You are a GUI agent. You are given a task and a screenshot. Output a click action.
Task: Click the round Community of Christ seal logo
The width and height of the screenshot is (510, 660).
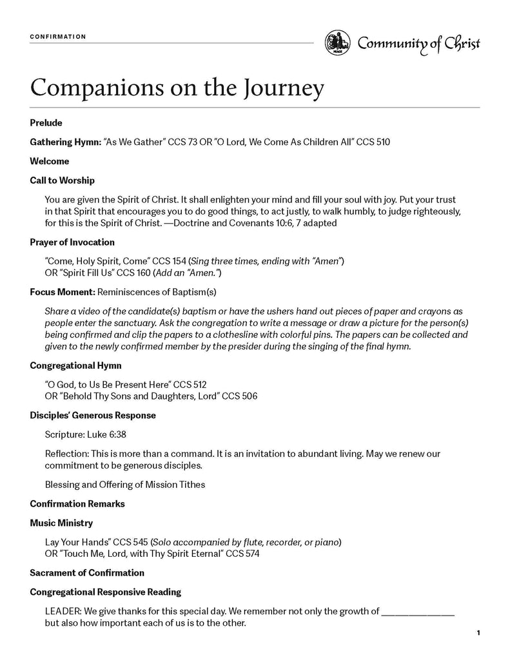coord(337,43)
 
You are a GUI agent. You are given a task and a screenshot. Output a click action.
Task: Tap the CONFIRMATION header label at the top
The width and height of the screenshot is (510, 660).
coord(58,37)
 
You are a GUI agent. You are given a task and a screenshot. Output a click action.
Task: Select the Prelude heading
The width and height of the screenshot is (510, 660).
coord(46,122)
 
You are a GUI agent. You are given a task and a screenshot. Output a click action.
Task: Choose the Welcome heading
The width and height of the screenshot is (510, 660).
coord(49,161)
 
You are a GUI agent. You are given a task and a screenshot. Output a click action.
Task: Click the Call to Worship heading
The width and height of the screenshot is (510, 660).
coord(62,180)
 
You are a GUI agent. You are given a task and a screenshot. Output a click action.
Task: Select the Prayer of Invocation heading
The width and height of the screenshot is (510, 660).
coord(72,242)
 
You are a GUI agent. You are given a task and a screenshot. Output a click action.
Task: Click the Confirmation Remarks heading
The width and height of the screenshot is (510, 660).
coord(77,503)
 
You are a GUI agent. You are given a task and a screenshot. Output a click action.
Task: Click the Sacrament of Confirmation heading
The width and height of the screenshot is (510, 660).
coord(87,572)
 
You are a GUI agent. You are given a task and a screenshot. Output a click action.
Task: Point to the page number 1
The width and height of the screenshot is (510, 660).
coord(478,634)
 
